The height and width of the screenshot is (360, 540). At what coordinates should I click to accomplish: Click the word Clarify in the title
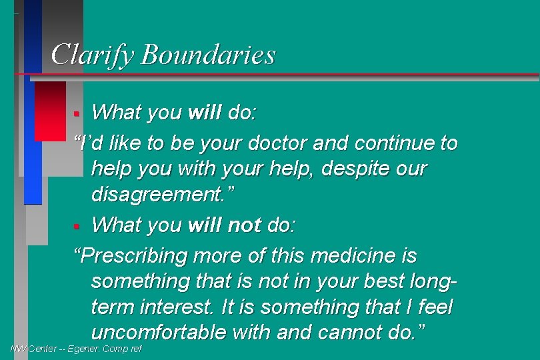pos(93,55)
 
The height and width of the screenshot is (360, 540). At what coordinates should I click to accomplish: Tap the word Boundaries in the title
pos(208,55)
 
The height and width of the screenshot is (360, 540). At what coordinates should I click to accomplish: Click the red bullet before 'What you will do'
pos(77,113)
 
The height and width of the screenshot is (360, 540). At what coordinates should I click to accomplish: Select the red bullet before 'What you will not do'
pos(77,226)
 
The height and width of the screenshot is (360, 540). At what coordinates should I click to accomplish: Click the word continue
pos(400,143)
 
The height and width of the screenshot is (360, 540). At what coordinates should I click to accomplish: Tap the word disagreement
pos(162,195)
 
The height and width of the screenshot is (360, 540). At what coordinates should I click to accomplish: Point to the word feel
pos(431,307)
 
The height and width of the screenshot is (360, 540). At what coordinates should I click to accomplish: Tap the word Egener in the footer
pos(83,349)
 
